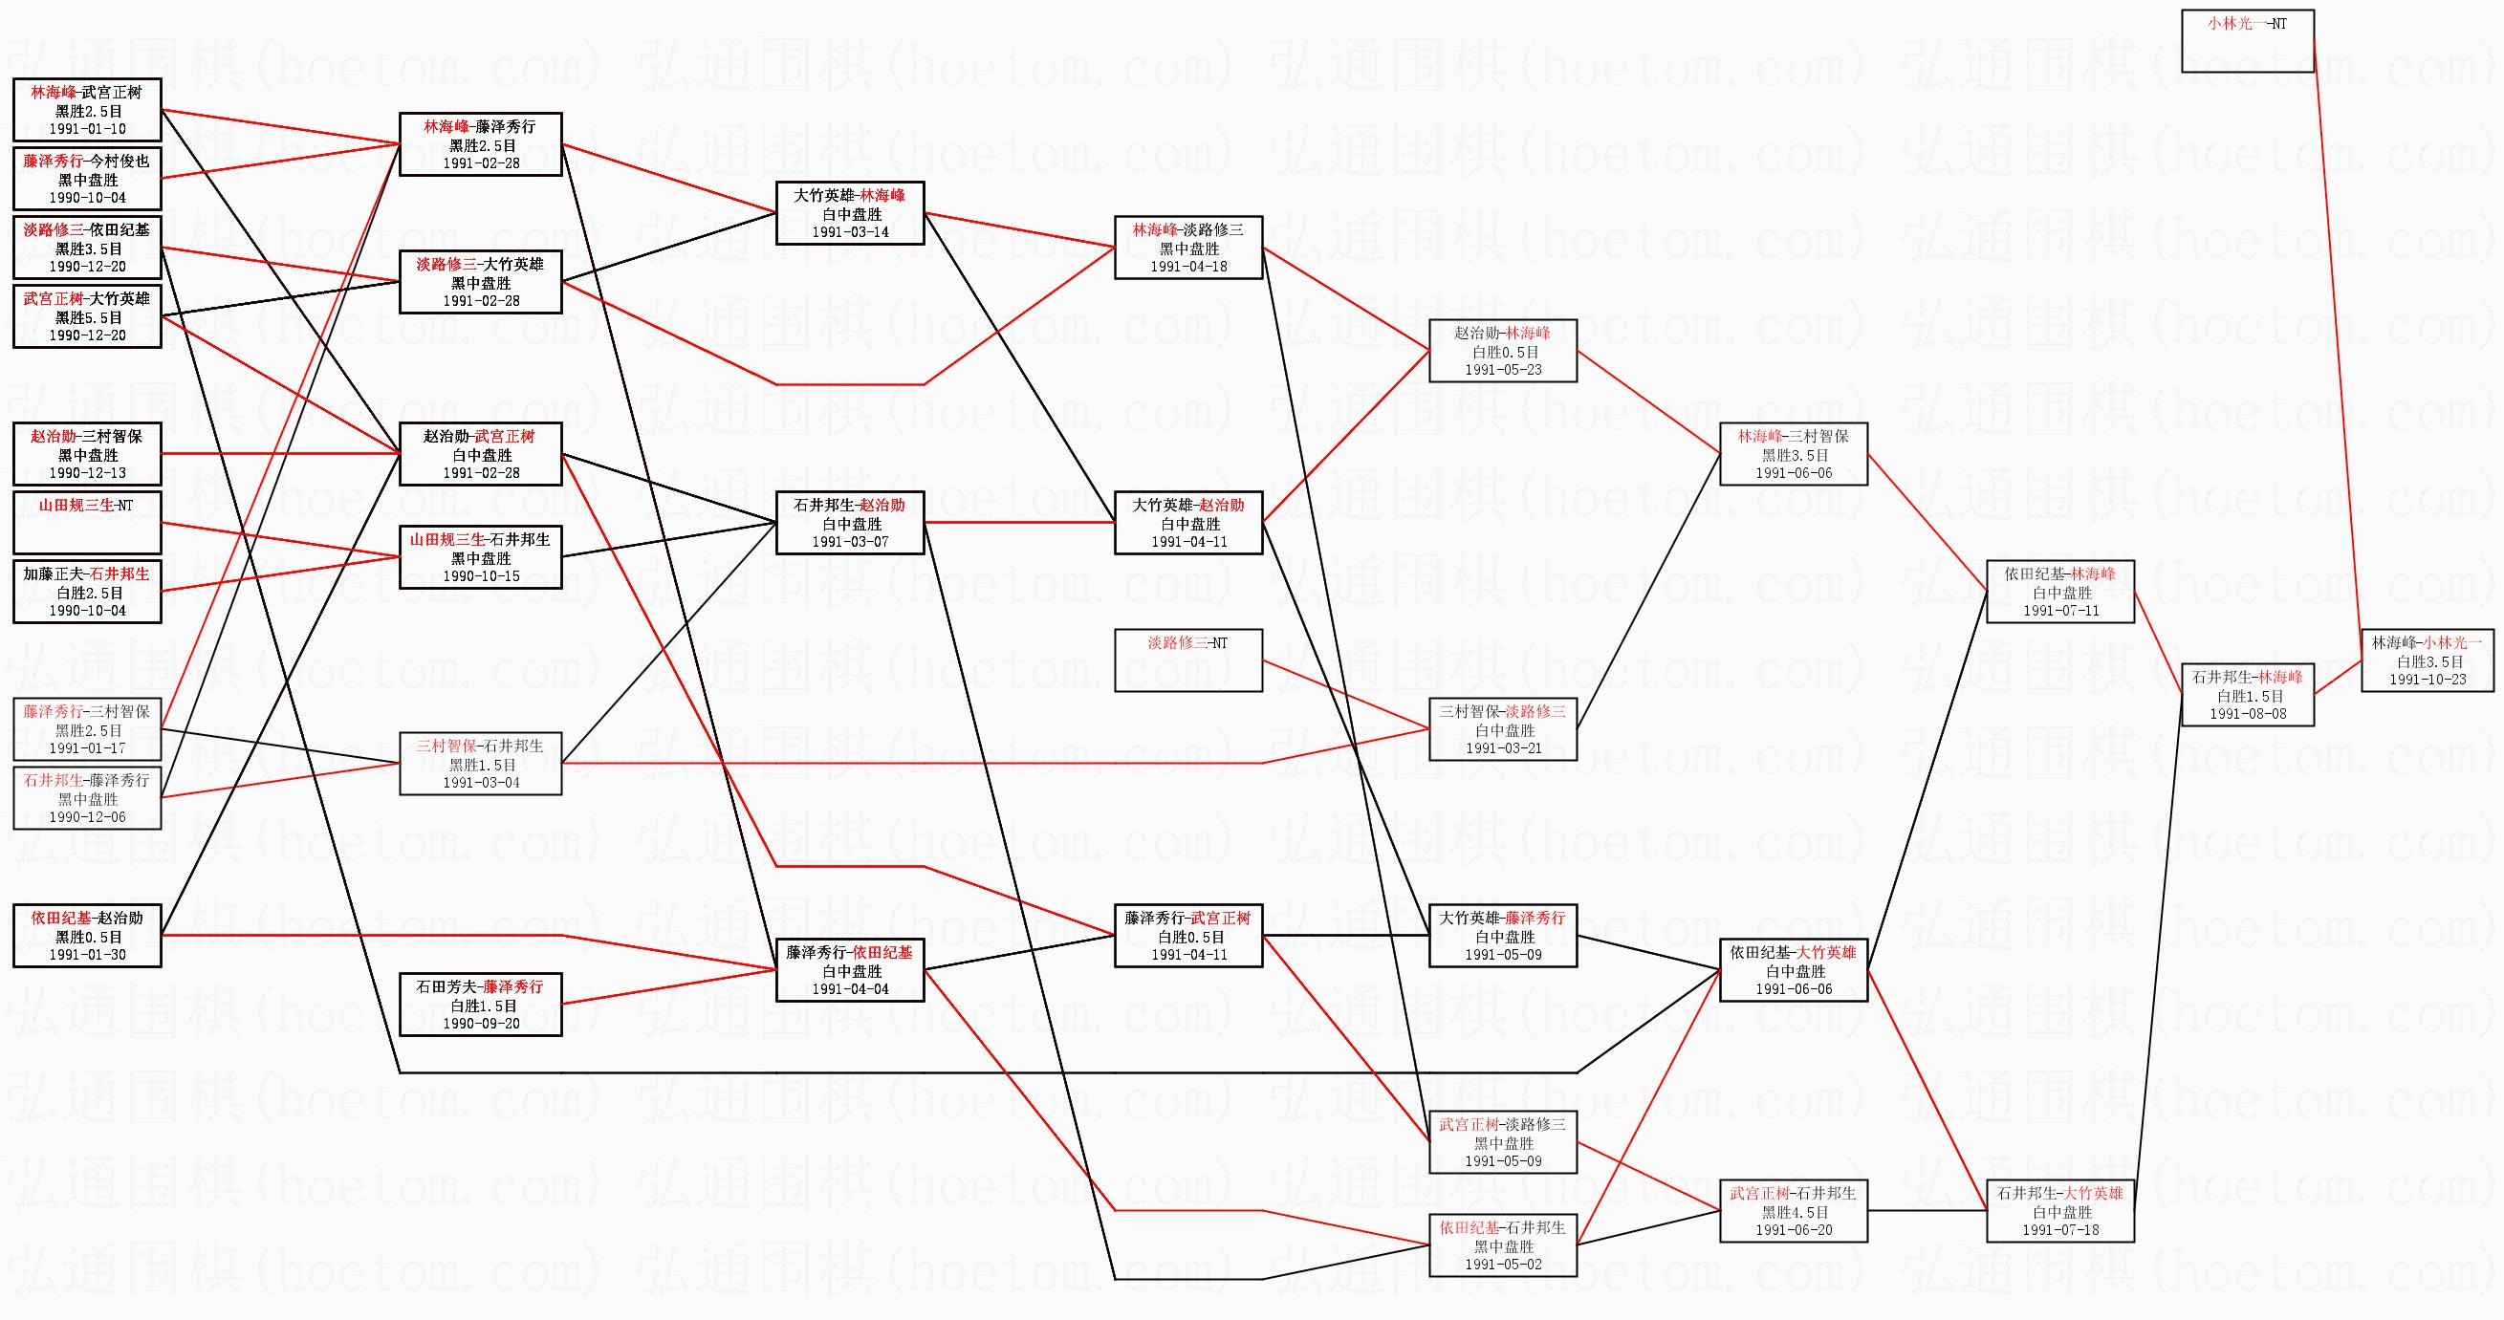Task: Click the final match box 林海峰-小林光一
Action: [2427, 660]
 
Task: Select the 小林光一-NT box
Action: [2248, 41]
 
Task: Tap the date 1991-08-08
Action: [2248, 714]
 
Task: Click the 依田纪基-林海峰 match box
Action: [2059, 592]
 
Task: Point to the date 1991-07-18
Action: [2059, 1230]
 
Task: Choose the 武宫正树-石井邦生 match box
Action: [1793, 1211]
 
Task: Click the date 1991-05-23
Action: [1503, 370]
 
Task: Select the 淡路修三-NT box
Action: [1187, 660]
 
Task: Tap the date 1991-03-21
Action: [1503, 748]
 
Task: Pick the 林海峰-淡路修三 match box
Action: [1187, 248]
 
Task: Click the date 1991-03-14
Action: [850, 232]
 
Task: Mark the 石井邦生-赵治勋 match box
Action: [850, 523]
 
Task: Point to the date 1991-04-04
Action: [850, 989]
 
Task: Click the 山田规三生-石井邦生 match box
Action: [480, 557]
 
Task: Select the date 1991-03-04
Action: [480, 783]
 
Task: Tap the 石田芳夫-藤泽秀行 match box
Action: [480, 1004]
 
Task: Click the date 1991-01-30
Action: [88, 955]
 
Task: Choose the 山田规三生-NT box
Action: [88, 523]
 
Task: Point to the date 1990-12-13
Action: [88, 473]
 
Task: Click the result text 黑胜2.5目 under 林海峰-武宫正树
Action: [88, 112]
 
